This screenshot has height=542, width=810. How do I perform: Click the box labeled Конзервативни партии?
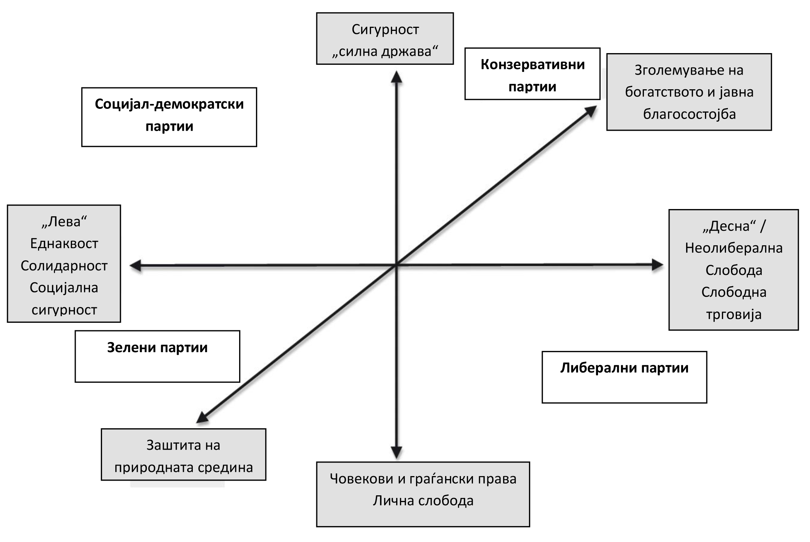click(532, 74)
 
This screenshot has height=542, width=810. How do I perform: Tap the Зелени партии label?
click(157, 348)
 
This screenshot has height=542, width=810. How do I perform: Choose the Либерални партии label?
click(624, 368)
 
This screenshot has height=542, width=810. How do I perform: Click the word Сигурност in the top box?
click(385, 29)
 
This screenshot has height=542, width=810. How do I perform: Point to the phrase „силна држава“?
click(385, 51)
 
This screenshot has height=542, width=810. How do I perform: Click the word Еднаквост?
click(64, 244)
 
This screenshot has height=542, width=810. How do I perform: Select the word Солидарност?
click(64, 266)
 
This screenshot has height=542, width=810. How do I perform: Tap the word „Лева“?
click(64, 221)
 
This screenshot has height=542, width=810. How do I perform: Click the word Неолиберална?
click(734, 248)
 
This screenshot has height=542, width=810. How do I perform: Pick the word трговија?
click(734, 314)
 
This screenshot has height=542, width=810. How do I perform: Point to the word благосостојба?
click(689, 114)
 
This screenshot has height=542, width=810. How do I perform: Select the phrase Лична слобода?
click(423, 501)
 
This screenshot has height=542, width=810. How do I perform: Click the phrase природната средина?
click(183, 467)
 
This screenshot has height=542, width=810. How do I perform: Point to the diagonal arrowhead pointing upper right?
click(590, 111)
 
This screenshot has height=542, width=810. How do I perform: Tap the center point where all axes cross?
click(396, 265)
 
